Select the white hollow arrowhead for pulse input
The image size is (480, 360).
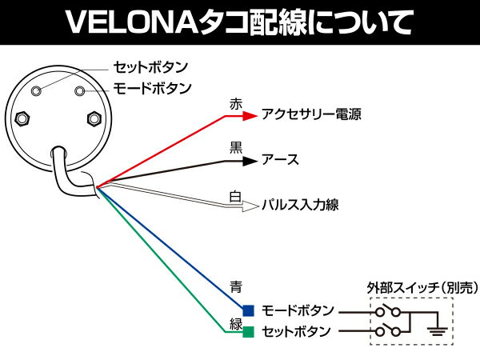[x=249, y=205]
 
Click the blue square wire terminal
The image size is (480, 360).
[x=249, y=310]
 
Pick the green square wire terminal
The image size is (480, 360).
[x=249, y=331]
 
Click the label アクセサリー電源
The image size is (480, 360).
[x=311, y=114]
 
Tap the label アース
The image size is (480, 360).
[x=280, y=160]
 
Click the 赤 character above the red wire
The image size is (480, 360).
[x=235, y=103]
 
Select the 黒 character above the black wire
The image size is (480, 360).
[x=235, y=148]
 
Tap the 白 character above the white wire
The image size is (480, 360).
[x=235, y=194]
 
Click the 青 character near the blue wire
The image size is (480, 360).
[x=235, y=286]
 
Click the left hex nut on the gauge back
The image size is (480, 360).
[x=23, y=118]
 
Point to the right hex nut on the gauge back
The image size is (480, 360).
[x=93, y=118]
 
